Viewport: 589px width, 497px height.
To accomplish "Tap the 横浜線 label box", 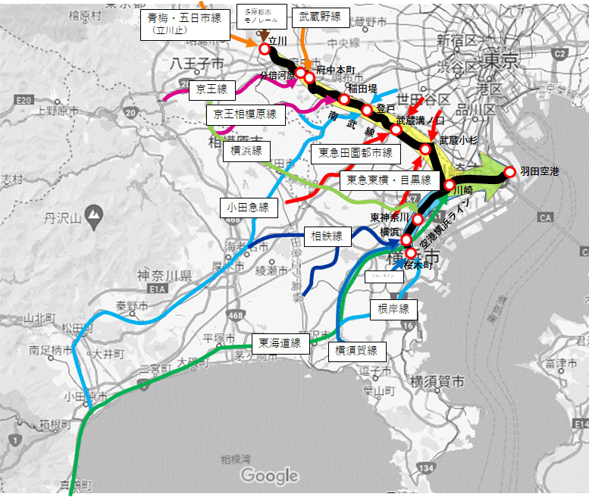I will click(246, 152).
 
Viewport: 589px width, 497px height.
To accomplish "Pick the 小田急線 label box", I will click(248, 207).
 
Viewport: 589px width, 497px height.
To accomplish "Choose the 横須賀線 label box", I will click(356, 350).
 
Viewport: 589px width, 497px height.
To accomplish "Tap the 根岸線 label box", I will click(393, 308).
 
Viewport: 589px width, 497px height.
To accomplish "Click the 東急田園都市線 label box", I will click(355, 154).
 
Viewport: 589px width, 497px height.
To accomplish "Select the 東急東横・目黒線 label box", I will click(389, 180).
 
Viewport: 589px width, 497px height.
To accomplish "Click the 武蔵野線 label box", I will click(319, 16).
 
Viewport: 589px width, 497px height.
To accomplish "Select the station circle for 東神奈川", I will click(417, 219).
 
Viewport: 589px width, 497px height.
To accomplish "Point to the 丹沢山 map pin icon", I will click(94, 215).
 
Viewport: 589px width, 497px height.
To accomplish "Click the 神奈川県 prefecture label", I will click(164, 274).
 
